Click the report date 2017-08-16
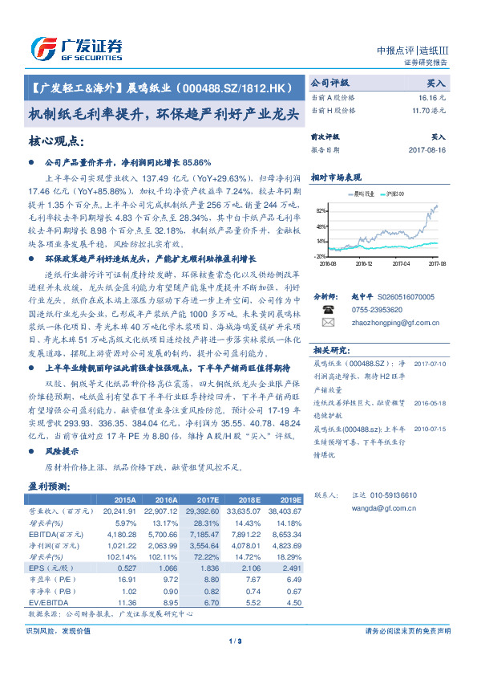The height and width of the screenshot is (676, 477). (426, 149)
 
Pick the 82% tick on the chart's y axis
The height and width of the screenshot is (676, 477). (321, 210)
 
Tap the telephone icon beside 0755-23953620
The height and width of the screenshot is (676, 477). (328, 309)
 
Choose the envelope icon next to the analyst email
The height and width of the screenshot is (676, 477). (328, 323)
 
